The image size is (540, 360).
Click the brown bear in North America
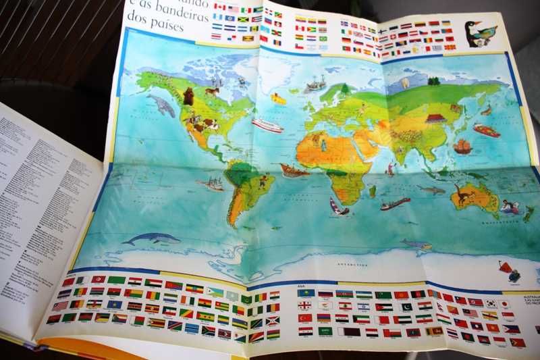click(x=188, y=97)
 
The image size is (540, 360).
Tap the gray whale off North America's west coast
click(x=161, y=105)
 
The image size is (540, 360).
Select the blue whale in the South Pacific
click(x=152, y=238)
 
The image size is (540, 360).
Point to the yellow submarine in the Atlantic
click(x=278, y=99)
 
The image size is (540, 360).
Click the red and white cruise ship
click(x=268, y=126)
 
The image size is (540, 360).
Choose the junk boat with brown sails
click(x=462, y=146)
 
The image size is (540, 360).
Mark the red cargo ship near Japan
click(x=486, y=130)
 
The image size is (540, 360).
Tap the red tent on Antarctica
click(x=504, y=267)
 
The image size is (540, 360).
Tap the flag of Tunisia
click(x=99, y=280)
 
